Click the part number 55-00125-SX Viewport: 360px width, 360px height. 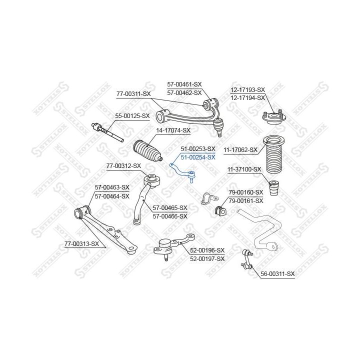[132, 116]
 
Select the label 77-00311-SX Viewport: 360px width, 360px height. [133, 93]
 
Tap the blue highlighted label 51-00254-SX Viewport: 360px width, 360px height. [198, 157]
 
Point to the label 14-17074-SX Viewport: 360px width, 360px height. [173, 130]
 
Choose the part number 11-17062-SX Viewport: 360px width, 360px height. [240, 150]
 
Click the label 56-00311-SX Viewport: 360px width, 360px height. [277, 273]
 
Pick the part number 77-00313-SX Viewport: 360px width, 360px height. [81, 243]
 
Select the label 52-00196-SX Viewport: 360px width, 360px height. [207, 250]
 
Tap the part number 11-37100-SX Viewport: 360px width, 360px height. [244, 169]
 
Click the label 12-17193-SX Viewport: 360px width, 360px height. [247, 90]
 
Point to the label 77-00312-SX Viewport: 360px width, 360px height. [124, 165]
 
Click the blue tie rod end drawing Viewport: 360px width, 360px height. [182, 172]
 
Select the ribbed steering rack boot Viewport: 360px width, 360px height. [148, 150]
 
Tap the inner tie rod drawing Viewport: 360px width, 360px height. [107, 132]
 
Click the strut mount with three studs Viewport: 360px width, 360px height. [274, 117]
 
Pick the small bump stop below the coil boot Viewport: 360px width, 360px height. [274, 188]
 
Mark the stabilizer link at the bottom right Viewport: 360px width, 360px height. [247, 259]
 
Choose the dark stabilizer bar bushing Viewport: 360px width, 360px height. [220, 210]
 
